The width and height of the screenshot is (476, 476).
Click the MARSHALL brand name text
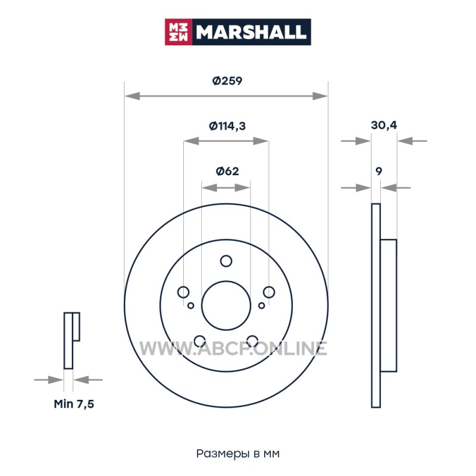pyautogui.click(x=250, y=32)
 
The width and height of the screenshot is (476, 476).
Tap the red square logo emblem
pyautogui.click(x=178, y=32)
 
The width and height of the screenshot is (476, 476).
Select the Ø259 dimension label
pyautogui.click(x=227, y=81)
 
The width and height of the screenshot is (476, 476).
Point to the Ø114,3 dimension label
pyautogui.click(x=227, y=126)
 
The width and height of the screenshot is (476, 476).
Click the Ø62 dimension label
pyautogui.click(x=227, y=171)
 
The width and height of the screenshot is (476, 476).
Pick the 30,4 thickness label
pyautogui.click(x=384, y=125)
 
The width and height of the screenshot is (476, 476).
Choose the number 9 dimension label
pyautogui.click(x=378, y=171)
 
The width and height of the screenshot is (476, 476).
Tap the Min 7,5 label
pyautogui.click(x=74, y=404)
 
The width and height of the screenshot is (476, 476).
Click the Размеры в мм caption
pyautogui.click(x=237, y=454)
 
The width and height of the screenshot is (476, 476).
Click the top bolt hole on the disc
pyautogui.click(x=226, y=261)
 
